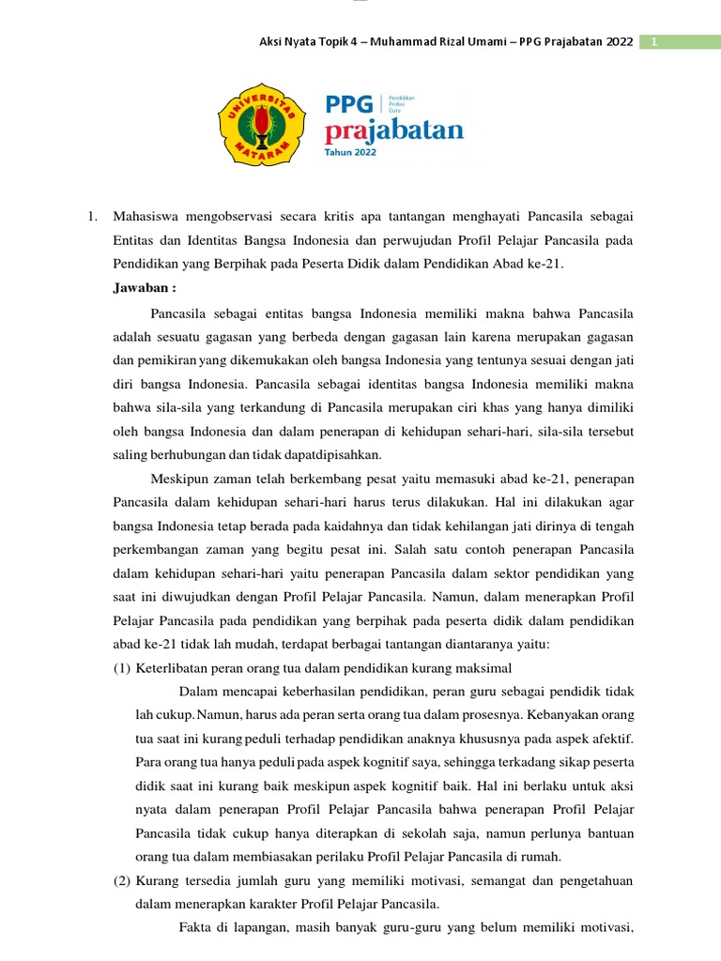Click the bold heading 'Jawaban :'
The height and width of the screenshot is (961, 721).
(145, 288)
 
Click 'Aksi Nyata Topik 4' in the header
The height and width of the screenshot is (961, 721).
(311, 42)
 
